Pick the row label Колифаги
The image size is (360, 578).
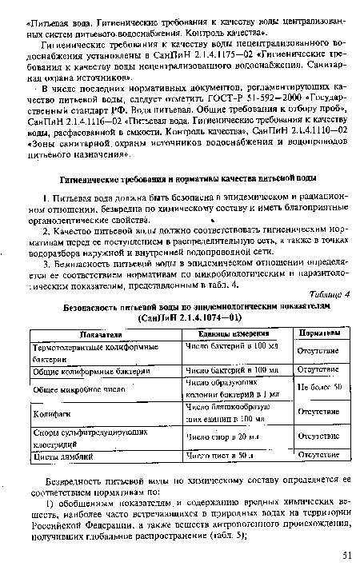click(50, 413)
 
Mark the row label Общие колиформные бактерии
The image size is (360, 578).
click(91, 370)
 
